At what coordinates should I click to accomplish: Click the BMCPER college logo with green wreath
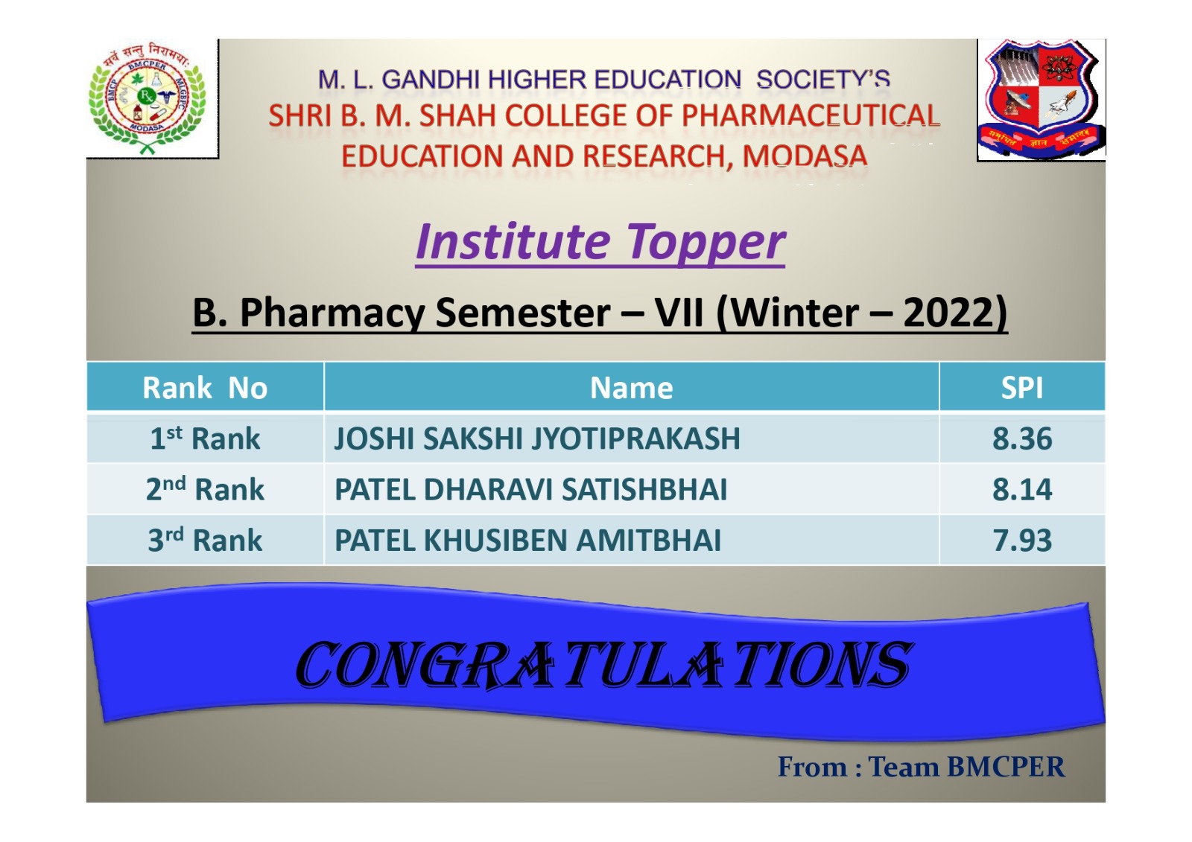(147, 98)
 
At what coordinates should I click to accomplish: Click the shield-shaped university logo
(1041, 99)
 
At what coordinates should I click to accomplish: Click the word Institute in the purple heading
(513, 242)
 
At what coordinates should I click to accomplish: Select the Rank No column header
(205, 388)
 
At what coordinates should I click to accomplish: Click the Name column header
(631, 388)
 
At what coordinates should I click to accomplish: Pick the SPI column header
(1021, 388)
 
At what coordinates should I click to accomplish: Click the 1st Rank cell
(205, 438)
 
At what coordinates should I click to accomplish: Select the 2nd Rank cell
(205, 489)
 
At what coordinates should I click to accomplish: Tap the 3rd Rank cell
(205, 540)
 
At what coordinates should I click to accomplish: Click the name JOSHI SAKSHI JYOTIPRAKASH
(537, 438)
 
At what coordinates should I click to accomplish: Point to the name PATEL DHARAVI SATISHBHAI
(530, 489)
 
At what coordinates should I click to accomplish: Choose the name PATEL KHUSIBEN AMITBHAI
(527, 540)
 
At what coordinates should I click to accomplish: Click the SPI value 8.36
(1022, 438)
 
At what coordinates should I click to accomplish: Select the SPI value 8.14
(1022, 489)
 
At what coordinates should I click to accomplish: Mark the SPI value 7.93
(1022, 540)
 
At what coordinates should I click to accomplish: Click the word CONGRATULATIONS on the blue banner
(604, 664)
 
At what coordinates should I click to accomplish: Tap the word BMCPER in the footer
(1006, 767)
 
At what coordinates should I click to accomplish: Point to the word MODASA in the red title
(805, 156)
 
